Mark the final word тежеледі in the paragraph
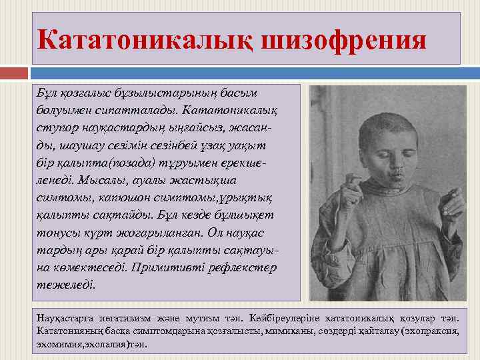(x=66, y=285)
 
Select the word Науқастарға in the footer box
(x=68, y=317)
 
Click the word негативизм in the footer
(x=135, y=317)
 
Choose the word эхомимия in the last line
(x=61, y=345)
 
